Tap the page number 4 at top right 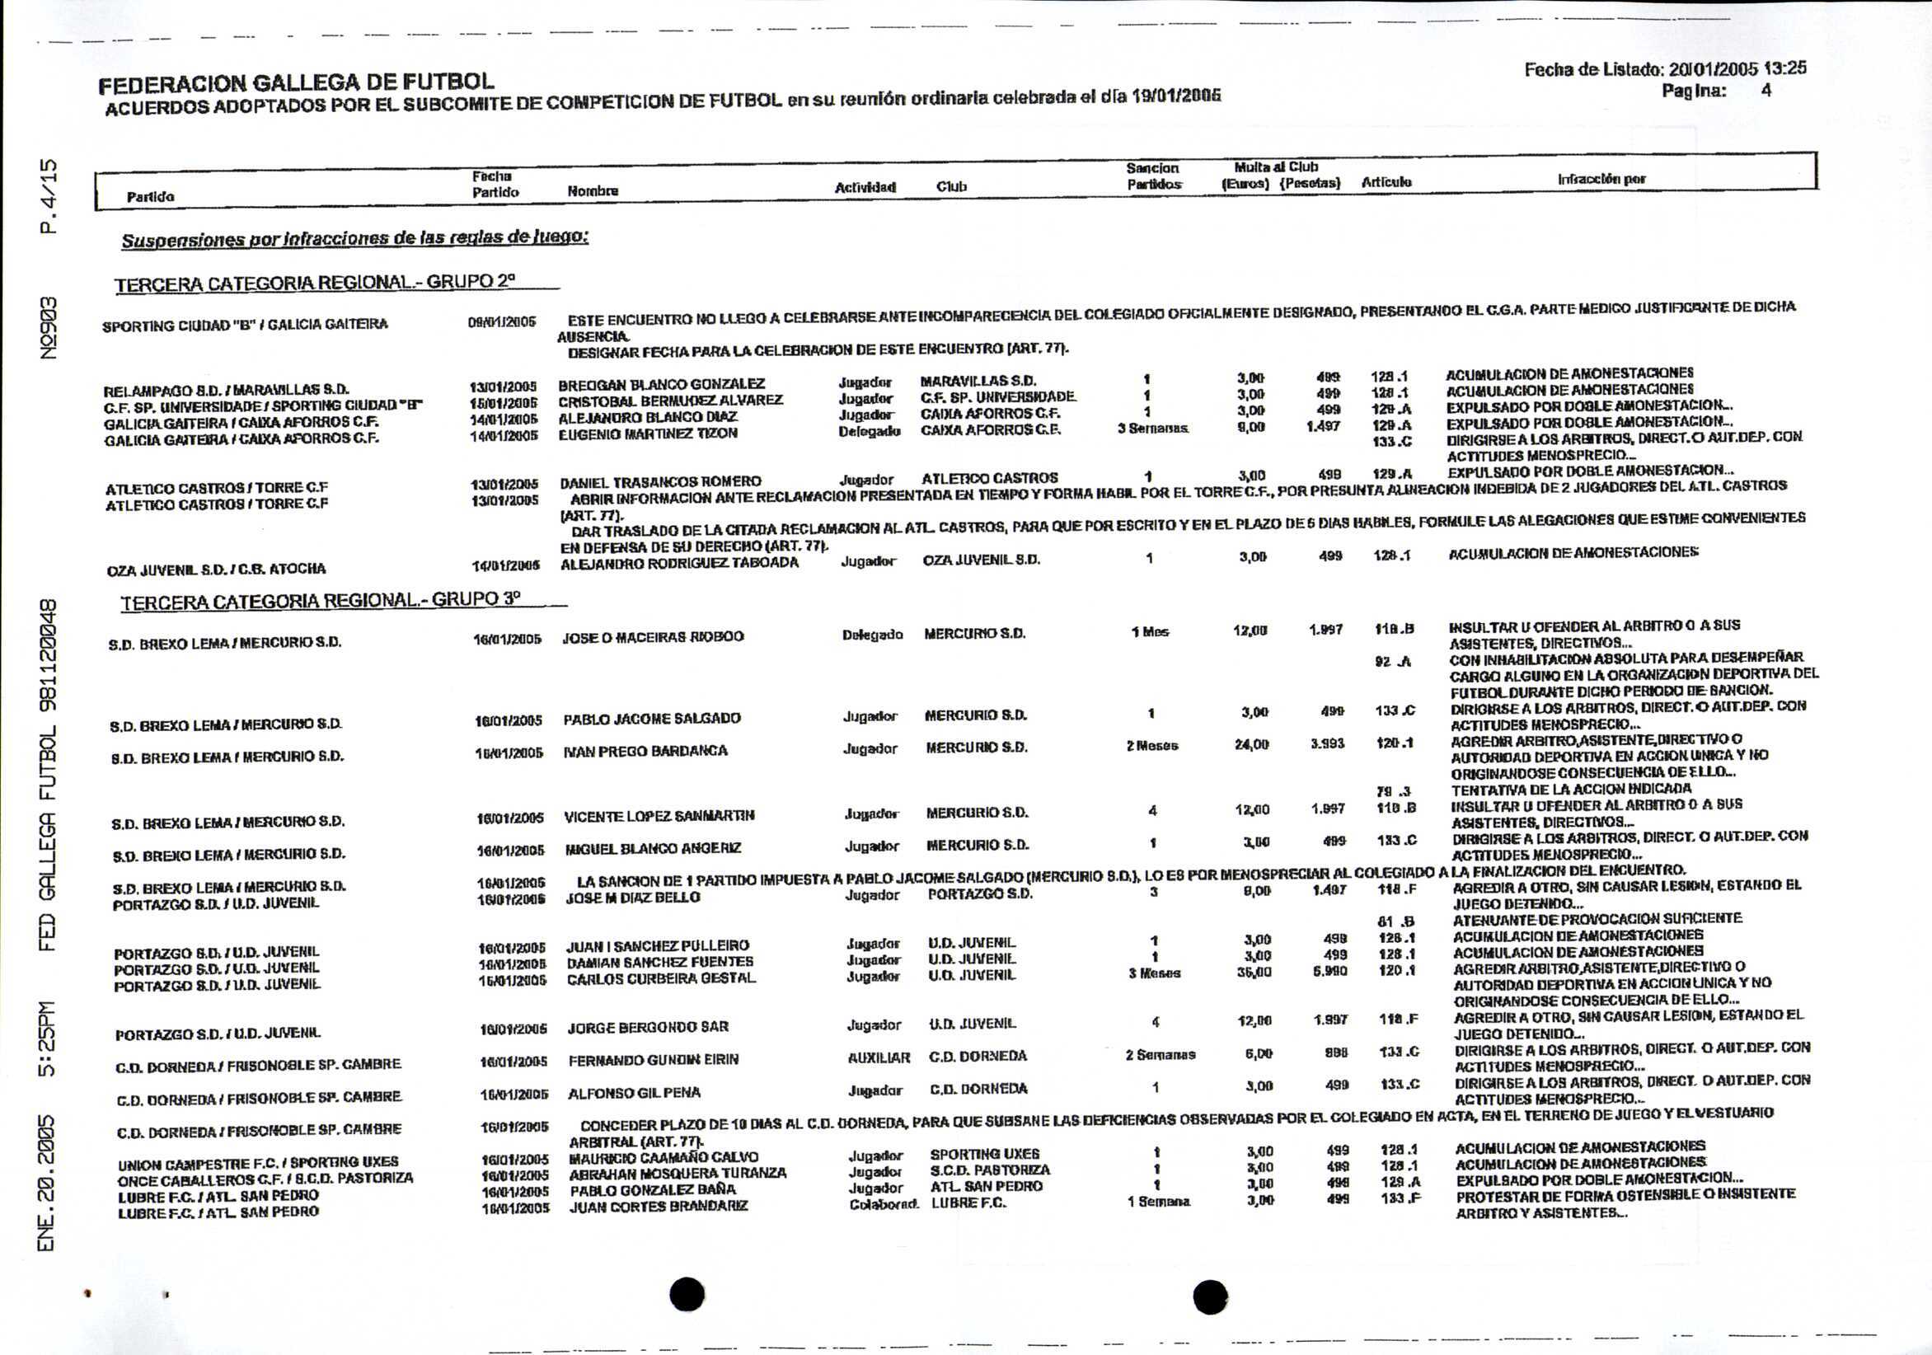[x=1766, y=90]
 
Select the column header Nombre [x=593, y=191]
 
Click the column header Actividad [x=864, y=187]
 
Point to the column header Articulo [x=1386, y=182]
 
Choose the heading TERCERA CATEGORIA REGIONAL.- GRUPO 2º [x=315, y=283]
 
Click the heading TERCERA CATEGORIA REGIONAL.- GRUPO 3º [x=321, y=601]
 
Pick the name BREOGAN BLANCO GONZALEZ [x=661, y=385]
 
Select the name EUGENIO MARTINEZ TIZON [x=648, y=434]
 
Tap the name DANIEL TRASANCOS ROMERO [x=660, y=482]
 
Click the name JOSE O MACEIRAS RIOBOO [x=653, y=637]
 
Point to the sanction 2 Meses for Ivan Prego [x=1152, y=746]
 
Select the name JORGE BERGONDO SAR [x=648, y=1028]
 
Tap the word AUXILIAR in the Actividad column [x=879, y=1058]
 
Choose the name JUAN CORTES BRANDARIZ [x=659, y=1207]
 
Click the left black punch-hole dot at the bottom [x=687, y=1294]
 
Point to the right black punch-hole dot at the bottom [x=1210, y=1296]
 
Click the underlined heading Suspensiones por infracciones [x=354, y=239]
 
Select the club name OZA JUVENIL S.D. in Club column [x=981, y=560]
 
